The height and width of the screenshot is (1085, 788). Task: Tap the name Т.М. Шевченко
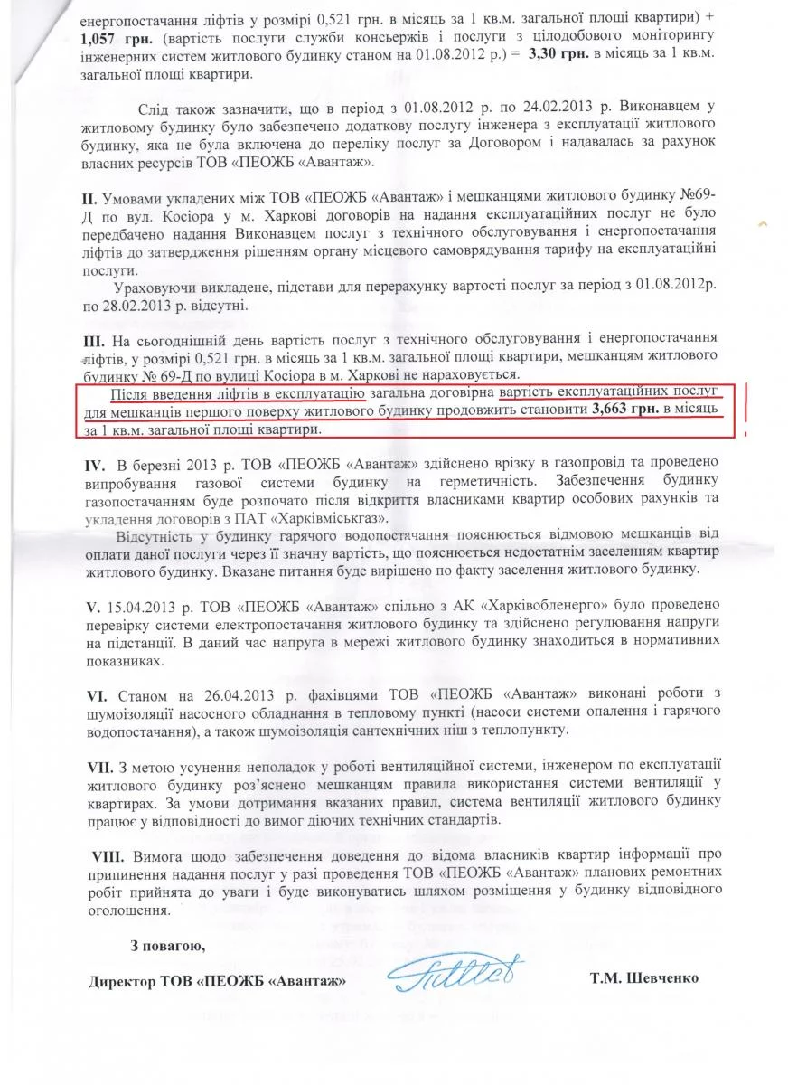tap(643, 978)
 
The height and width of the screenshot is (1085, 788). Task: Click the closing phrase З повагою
tap(167, 947)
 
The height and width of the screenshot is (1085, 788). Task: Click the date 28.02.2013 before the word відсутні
tap(146, 306)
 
